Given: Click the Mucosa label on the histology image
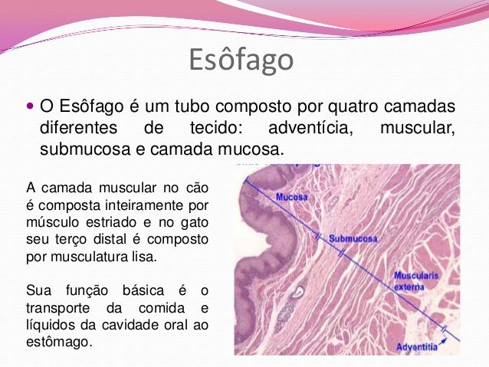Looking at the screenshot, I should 292,196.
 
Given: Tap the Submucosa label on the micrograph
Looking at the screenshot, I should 353,239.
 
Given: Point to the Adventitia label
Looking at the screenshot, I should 417,347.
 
